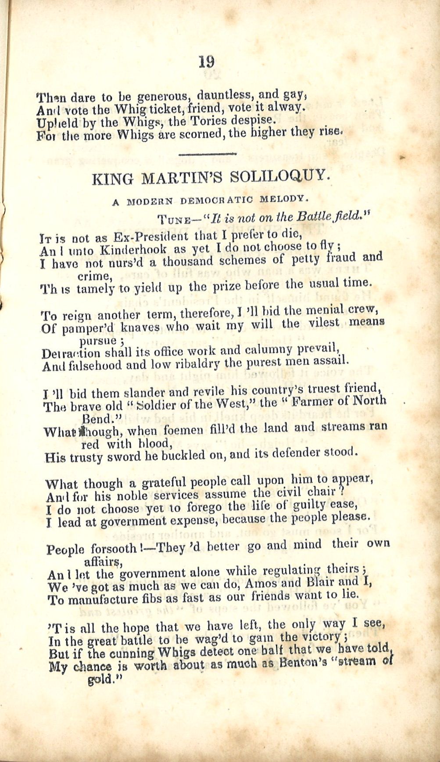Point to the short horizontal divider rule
tap(208, 154)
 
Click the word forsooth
tap(114, 549)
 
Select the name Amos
tap(263, 584)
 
